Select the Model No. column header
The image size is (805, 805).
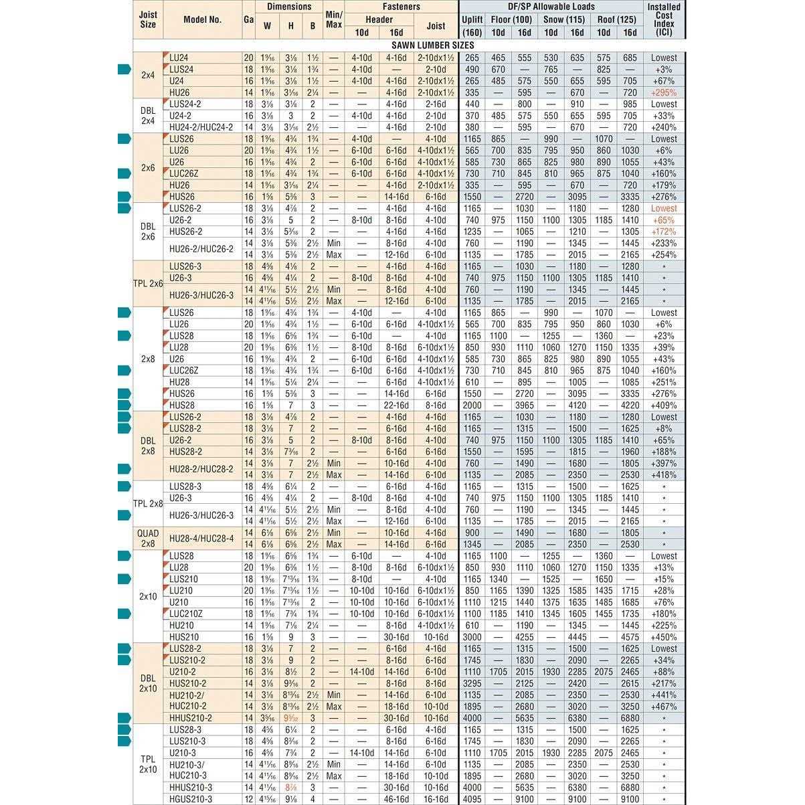(x=202, y=19)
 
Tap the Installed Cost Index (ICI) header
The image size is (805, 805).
(x=664, y=19)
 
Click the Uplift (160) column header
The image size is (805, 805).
(x=472, y=25)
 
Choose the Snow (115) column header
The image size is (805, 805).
(x=564, y=19)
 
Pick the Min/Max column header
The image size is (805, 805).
(x=333, y=19)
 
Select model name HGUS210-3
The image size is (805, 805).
(x=191, y=799)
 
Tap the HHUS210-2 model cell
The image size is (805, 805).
(x=191, y=718)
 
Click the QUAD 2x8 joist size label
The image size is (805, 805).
(x=148, y=539)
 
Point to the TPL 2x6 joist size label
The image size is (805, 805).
(x=148, y=284)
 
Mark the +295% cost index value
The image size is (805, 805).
(x=664, y=92)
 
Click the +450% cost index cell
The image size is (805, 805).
(x=664, y=637)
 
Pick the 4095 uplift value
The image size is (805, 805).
(x=472, y=799)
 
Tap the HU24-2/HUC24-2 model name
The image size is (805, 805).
(x=201, y=127)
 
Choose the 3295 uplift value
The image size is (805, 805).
(x=472, y=683)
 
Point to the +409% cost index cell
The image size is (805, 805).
(x=664, y=406)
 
